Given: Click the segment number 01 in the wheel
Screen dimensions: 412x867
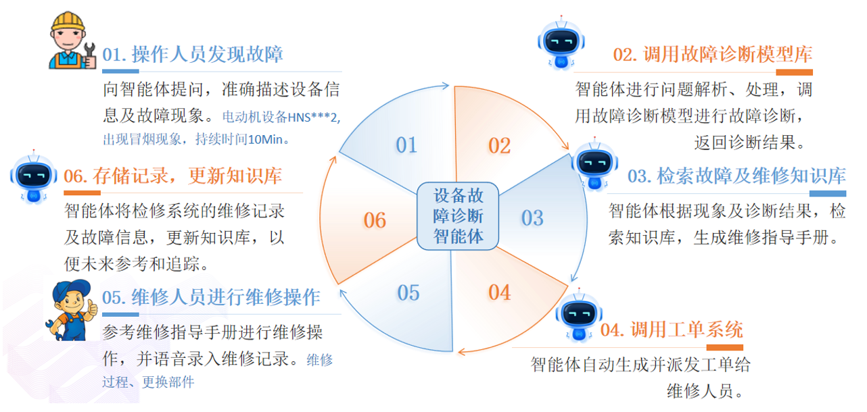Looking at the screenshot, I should pos(406,145).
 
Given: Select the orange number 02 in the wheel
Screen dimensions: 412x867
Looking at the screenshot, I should pos(499,145).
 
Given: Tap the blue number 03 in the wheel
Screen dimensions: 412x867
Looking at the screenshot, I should pos(532,217).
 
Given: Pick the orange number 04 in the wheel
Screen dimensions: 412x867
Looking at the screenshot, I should pos(499,292).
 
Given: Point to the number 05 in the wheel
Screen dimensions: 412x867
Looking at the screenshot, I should pos(408,292).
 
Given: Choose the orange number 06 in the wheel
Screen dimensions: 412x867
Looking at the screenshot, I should pos(375,220).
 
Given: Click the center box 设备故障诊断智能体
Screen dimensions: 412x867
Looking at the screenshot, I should pos(459,216).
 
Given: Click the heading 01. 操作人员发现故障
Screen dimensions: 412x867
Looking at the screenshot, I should pos(193,55).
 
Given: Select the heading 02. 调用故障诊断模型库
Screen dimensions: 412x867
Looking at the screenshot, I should pos(712,55).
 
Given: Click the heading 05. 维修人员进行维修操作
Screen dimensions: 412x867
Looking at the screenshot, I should pos(211,297).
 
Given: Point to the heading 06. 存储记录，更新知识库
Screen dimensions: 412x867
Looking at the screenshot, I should pos(172,177).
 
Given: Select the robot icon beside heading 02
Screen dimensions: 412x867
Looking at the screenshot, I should pos(561,43).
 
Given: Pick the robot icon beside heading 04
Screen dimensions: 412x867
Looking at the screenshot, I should pos(578,316).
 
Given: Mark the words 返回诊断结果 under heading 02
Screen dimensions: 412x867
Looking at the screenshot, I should pos(749,143).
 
